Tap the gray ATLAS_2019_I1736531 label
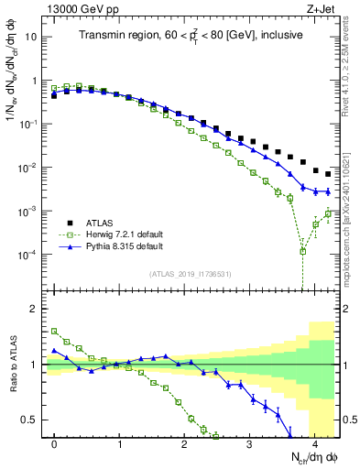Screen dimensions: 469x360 pos(191,273)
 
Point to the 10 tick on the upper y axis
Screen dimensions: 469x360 pos(32,38)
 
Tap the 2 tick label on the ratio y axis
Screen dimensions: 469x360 pos(35,309)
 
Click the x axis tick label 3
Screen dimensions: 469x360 pos(249,443)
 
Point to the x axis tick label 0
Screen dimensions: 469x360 pos(54,443)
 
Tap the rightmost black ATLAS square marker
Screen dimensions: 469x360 pos(328,174)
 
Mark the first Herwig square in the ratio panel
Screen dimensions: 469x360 pos(54,331)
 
